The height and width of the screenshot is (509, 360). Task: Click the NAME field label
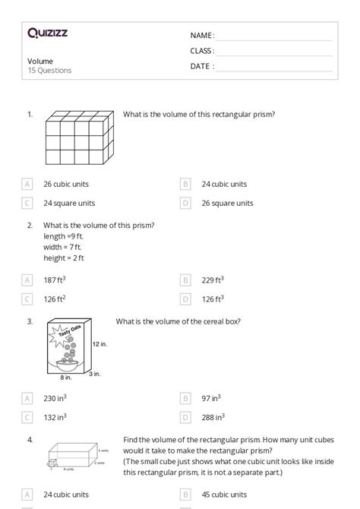pyautogui.click(x=202, y=36)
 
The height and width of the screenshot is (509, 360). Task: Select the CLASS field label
pyautogui.click(x=202, y=51)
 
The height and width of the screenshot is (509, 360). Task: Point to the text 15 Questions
pyautogui.click(x=49, y=71)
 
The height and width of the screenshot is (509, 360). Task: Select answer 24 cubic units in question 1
pyautogui.click(x=224, y=184)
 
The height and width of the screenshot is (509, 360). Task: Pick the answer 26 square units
pyautogui.click(x=227, y=203)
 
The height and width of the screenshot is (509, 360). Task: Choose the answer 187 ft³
pyautogui.click(x=54, y=280)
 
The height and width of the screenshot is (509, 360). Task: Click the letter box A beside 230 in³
pyautogui.click(x=27, y=398)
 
